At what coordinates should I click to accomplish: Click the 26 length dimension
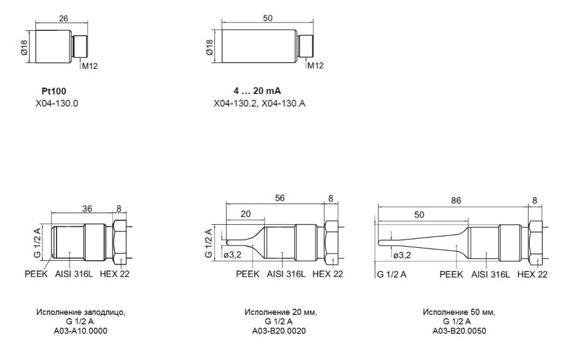tap(64, 18)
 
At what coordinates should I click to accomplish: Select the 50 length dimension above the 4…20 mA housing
tap(267, 18)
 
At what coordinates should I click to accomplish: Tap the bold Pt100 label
tap(54, 91)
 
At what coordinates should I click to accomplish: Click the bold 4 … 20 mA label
tap(258, 91)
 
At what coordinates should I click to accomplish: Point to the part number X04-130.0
tap(57, 104)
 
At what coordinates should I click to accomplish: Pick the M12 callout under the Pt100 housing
tap(89, 66)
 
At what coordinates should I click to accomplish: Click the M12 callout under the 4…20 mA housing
tap(315, 66)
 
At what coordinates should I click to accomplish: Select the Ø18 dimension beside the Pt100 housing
tap(24, 48)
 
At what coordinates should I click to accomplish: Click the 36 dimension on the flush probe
tap(87, 209)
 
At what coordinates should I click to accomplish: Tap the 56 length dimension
tap(279, 198)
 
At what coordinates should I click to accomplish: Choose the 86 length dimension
tap(456, 201)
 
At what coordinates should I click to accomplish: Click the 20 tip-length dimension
tap(245, 214)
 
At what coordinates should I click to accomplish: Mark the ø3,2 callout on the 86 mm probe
tap(402, 256)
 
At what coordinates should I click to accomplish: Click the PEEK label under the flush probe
tap(36, 274)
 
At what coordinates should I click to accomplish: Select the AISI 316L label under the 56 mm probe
tap(286, 274)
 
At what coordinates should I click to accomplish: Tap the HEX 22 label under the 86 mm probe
tap(532, 274)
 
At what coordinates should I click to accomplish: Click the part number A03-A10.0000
tap(80, 331)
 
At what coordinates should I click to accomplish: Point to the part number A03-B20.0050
tap(459, 331)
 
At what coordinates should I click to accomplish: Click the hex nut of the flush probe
tap(120, 243)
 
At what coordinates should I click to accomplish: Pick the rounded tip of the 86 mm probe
tap(380, 242)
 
